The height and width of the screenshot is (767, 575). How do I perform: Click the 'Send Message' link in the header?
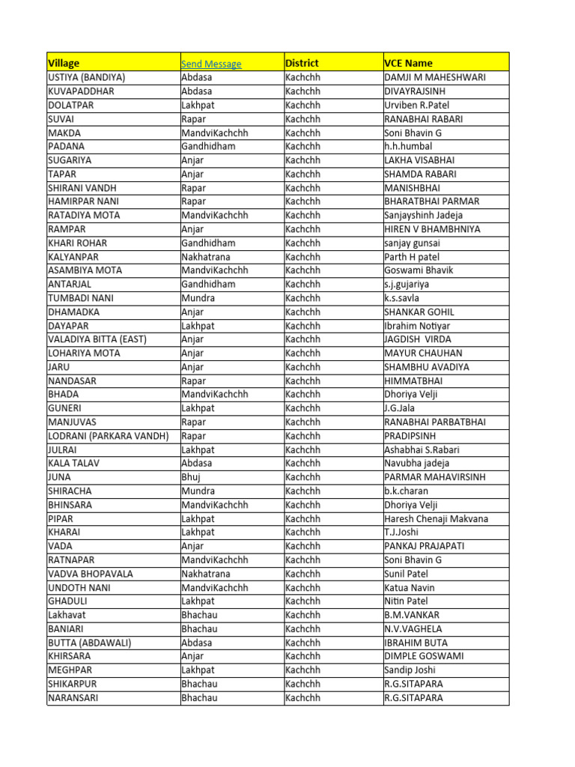pyautogui.click(x=211, y=64)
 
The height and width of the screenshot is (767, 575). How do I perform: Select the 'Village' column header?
pyautogui.click(x=64, y=64)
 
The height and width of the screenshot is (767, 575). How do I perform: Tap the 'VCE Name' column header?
pyautogui.click(x=408, y=64)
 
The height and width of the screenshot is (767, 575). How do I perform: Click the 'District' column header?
pyautogui.click(x=302, y=64)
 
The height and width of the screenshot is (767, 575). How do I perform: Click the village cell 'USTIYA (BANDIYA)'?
pyautogui.click(x=87, y=77)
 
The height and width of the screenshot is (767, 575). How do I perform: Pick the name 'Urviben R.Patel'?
pyautogui.click(x=417, y=105)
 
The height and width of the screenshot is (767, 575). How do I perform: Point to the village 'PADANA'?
pyautogui.click(x=66, y=146)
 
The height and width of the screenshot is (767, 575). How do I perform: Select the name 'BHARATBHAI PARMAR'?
pyautogui.click(x=432, y=201)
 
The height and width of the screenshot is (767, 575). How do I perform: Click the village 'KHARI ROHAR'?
pyautogui.click(x=77, y=243)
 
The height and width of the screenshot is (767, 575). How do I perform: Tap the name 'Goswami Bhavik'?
pyautogui.click(x=419, y=270)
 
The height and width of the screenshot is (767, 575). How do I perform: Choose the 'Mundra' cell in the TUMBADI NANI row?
pyautogui.click(x=198, y=298)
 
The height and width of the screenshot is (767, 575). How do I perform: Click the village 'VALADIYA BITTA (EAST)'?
pyautogui.click(x=97, y=339)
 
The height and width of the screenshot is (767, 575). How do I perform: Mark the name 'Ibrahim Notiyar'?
pyautogui.click(x=417, y=326)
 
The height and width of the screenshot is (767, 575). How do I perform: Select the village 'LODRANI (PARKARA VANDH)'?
pyautogui.click(x=108, y=436)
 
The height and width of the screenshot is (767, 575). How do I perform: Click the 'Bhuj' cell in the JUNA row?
pyautogui.click(x=192, y=477)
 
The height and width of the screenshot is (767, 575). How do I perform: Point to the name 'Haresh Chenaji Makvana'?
pyautogui.click(x=436, y=518)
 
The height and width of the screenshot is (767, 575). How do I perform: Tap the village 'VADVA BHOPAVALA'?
pyautogui.click(x=91, y=574)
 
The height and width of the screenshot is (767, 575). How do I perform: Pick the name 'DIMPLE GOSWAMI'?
pyautogui.click(x=424, y=656)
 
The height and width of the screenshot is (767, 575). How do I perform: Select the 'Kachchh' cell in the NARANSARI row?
pyautogui.click(x=302, y=698)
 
